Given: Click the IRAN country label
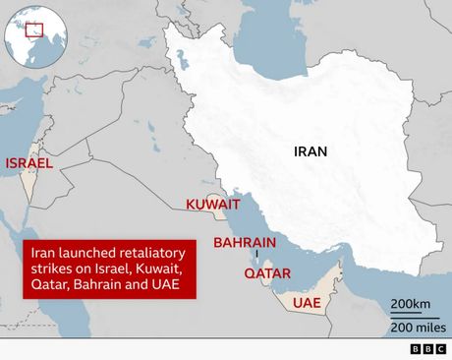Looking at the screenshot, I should click(x=311, y=151).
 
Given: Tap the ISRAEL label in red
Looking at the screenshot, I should click(x=29, y=163).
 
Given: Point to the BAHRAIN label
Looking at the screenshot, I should click(x=245, y=242).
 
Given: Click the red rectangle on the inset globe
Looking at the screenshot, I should click(x=37, y=30).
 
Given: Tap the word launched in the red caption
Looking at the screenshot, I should click(x=78, y=251).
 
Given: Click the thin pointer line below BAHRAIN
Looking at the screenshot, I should click(x=255, y=255).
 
